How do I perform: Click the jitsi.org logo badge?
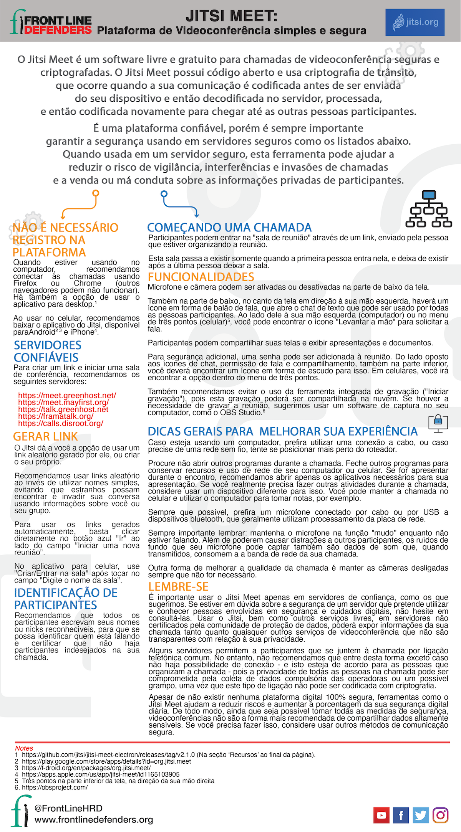pyautogui.click(x=415, y=22)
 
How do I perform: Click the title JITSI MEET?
pyautogui.click(x=231, y=16)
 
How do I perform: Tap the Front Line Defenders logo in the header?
pyautogui.click(x=51, y=24)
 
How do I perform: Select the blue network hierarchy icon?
pyautogui.click(x=429, y=209)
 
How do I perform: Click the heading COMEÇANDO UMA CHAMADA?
pyautogui.click(x=229, y=228)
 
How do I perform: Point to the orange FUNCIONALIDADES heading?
pyautogui.click(x=201, y=277)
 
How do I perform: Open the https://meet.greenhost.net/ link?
pyautogui.click(x=67, y=395)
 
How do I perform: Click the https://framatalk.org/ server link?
pyautogui.click(x=56, y=416)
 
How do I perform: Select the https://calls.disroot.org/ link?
pyautogui.click(x=61, y=423)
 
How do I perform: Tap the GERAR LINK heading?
pyautogui.click(x=45, y=436)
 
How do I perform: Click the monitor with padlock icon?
pyautogui.click(x=438, y=423)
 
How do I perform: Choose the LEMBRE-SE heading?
pyautogui.click(x=178, y=586)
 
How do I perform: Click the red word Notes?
pyautogui.click(x=24, y=748)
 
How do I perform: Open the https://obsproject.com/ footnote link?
pyautogui.click(x=55, y=787)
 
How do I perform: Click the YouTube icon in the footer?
pyautogui.click(x=381, y=815)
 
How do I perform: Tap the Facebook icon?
pyautogui.click(x=401, y=815)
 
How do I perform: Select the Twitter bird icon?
pyautogui.click(x=421, y=815)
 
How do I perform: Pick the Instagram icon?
pyautogui.click(x=441, y=815)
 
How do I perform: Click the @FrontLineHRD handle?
pyautogui.click(x=68, y=808)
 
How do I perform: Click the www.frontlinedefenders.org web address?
pyautogui.click(x=94, y=820)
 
